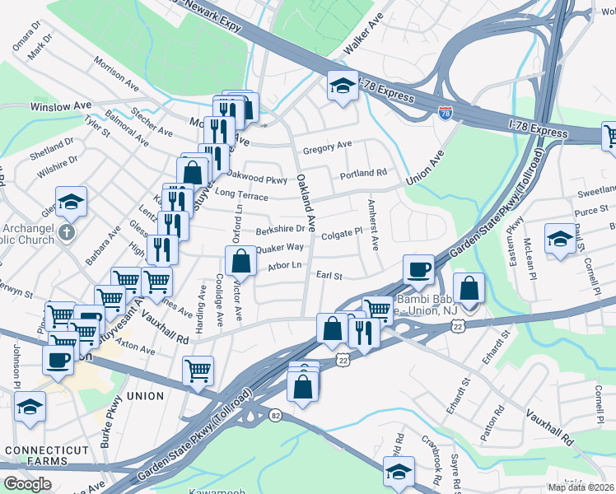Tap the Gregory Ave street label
pos(327,147)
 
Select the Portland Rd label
pos(363,174)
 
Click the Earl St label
pos(329,276)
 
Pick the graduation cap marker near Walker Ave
pos(343,85)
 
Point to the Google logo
pos(27,484)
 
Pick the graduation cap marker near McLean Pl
pos(560,239)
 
